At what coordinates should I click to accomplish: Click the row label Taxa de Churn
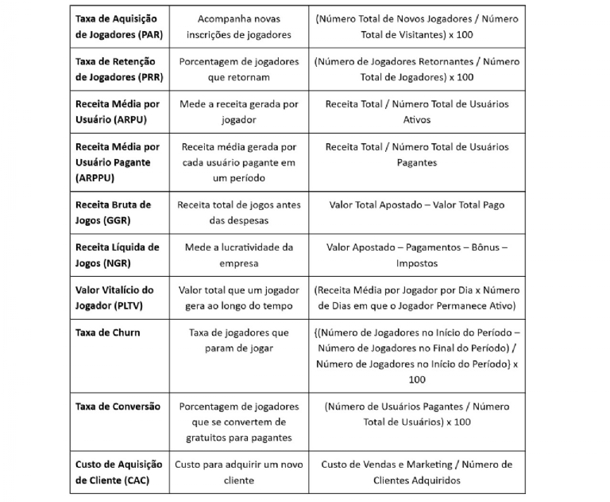click(x=107, y=333)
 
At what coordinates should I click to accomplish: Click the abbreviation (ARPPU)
click(x=95, y=178)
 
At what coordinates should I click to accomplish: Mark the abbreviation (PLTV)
click(x=138, y=305)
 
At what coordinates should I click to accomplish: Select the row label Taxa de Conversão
click(x=118, y=407)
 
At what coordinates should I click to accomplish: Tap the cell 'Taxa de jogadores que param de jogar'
click(x=239, y=340)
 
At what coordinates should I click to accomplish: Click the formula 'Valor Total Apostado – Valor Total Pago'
click(x=416, y=205)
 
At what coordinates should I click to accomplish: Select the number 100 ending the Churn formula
click(x=416, y=379)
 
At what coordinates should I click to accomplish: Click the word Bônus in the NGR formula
click(x=475, y=247)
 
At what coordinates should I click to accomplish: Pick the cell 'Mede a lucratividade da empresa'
click(x=239, y=255)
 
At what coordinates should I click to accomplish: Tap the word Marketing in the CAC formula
click(x=429, y=465)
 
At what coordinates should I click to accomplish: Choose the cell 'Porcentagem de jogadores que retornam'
click(x=239, y=69)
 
